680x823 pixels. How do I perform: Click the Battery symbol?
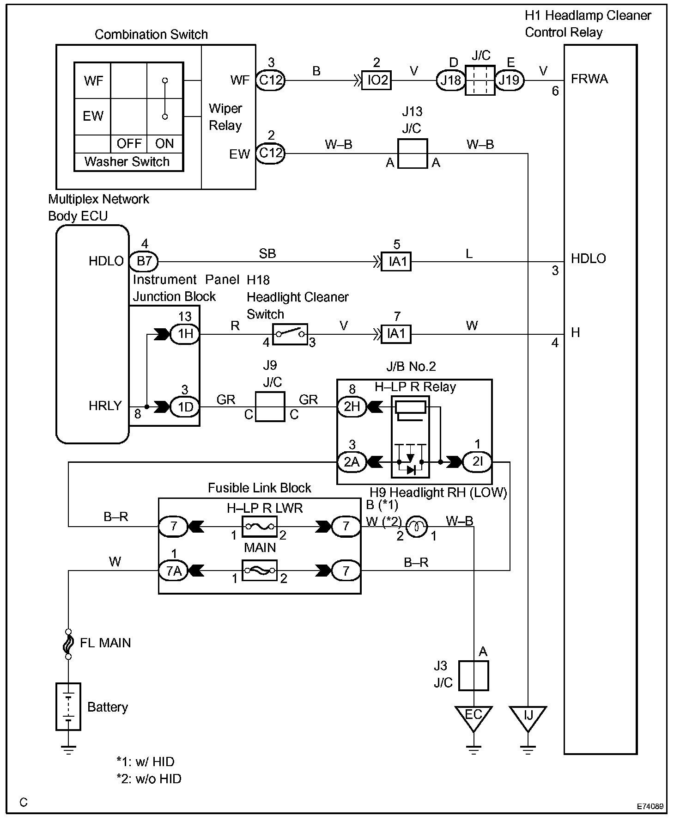[68, 706]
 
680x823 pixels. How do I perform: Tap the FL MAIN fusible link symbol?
[68, 644]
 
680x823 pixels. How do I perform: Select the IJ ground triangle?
[528, 719]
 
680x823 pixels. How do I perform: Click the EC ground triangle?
[474, 719]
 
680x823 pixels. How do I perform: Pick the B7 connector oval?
[144, 261]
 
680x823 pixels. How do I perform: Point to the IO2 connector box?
[376, 80]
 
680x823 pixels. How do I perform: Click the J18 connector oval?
[450, 80]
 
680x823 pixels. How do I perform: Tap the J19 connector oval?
[509, 80]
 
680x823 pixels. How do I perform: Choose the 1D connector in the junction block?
[185, 407]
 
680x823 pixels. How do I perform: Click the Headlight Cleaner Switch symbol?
[290, 334]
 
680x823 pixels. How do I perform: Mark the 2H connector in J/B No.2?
[352, 406]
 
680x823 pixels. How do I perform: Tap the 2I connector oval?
[477, 461]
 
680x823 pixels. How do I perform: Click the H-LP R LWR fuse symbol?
[260, 526]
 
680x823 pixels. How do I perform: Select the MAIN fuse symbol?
[260, 571]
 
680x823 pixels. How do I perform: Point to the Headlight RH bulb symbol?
[417, 526]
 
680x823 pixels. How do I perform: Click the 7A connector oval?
[174, 571]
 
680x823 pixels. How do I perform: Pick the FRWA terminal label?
[589, 79]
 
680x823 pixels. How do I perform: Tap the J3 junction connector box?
[474, 676]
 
